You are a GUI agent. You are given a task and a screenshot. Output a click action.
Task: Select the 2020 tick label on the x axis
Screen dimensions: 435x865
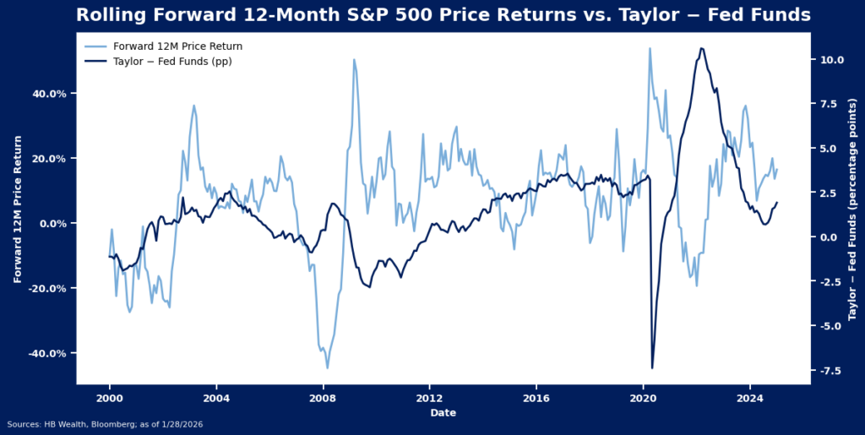click(643, 397)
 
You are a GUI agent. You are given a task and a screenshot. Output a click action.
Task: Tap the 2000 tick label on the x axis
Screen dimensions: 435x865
click(109, 397)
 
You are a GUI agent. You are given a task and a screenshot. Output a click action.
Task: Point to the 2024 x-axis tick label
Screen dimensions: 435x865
click(750, 397)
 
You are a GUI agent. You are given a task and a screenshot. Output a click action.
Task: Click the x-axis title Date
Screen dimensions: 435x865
click(443, 412)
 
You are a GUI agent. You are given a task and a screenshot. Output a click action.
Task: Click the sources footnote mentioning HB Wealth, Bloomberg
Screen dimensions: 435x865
click(105, 424)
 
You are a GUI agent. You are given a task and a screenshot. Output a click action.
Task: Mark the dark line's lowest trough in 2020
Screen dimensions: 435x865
click(652, 367)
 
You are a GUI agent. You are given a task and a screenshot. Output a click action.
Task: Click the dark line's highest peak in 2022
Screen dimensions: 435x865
click(702, 48)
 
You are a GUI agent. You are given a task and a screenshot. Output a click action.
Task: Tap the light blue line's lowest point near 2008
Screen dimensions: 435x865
click(328, 367)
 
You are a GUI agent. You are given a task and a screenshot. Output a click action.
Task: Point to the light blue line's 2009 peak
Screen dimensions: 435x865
click(354, 59)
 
